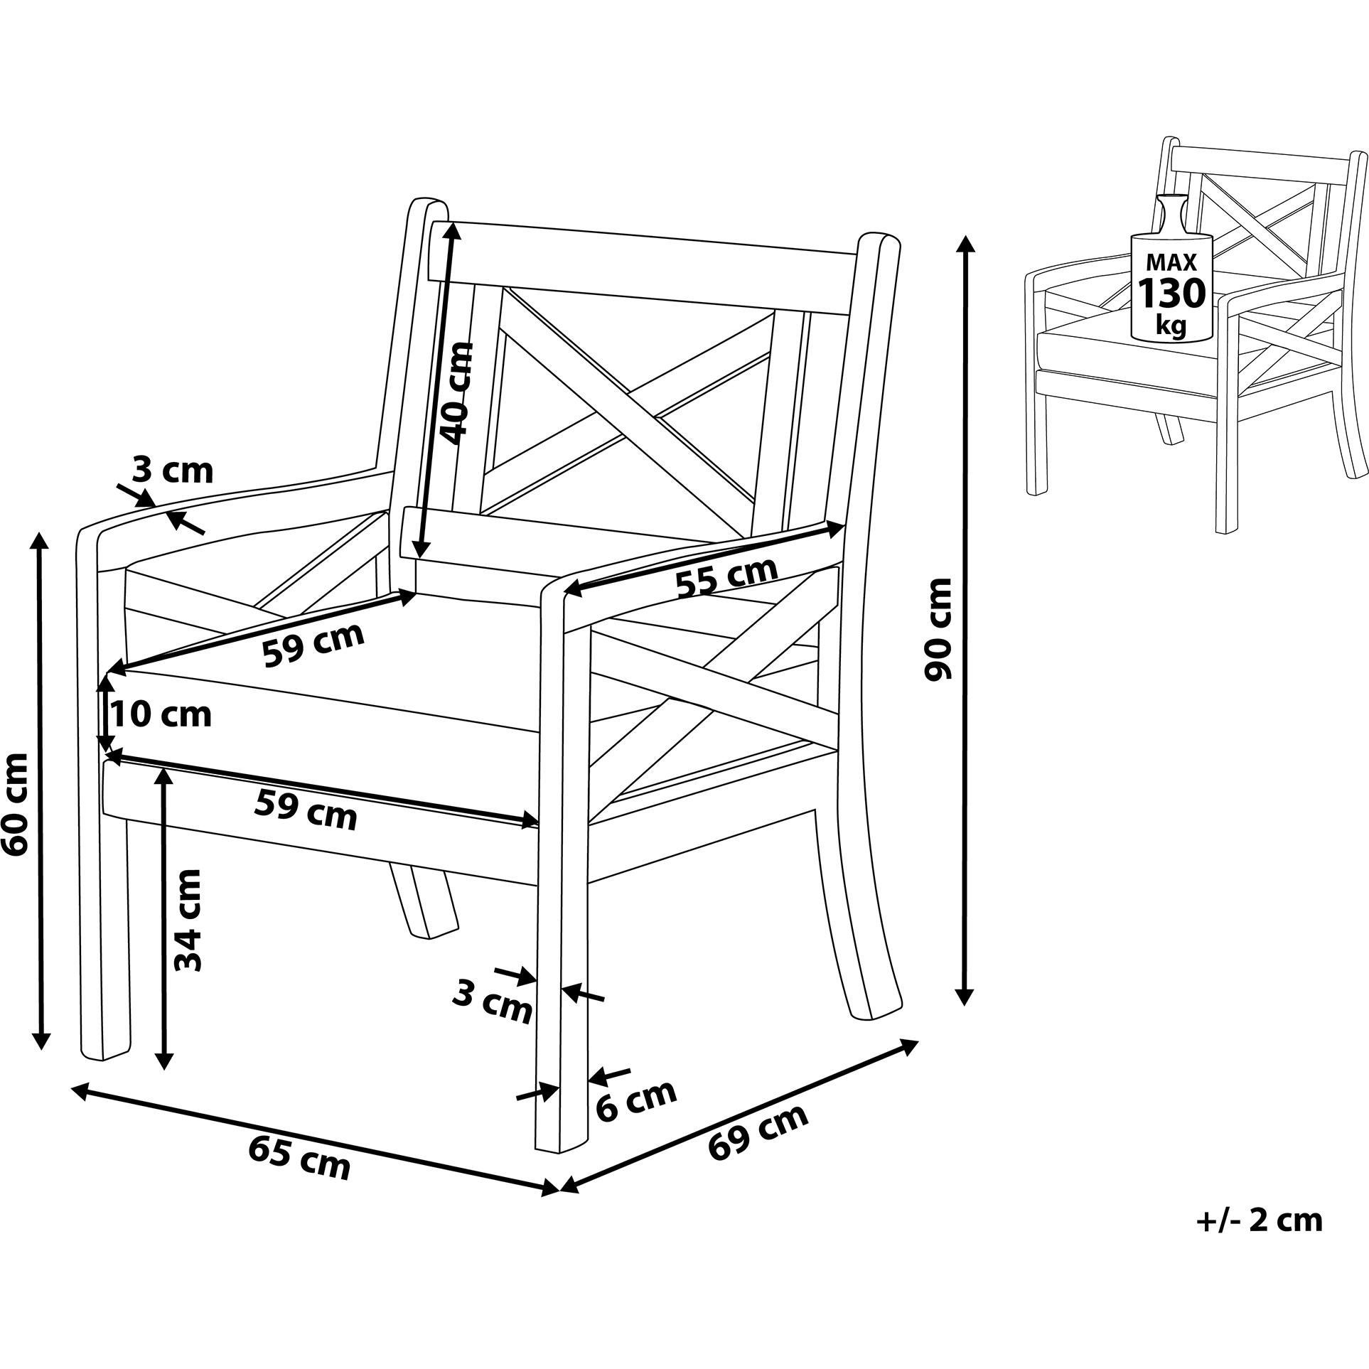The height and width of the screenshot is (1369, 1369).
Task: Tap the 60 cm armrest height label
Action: [16, 804]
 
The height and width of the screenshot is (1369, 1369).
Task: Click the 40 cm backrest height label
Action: [456, 392]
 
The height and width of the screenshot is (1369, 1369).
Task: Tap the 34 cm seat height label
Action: [189, 920]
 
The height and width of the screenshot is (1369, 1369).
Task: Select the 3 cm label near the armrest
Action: [173, 470]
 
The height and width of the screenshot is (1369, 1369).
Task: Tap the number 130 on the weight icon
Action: [1171, 292]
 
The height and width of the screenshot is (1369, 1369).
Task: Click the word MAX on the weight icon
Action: [1171, 262]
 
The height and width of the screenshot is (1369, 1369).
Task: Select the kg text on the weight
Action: [1171, 325]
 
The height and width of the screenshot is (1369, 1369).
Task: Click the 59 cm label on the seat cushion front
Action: [306, 811]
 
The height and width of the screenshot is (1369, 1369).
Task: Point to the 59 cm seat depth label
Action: [313, 643]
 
